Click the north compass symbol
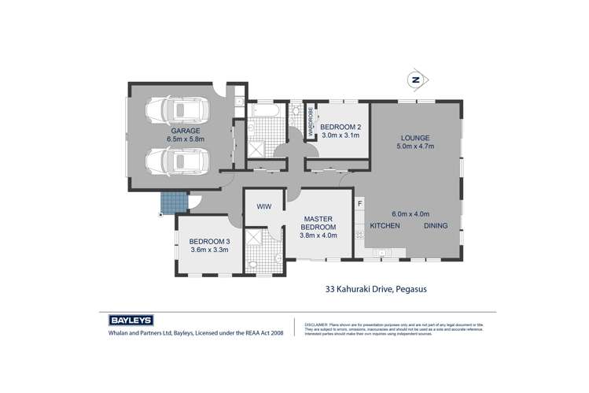tap(416, 80)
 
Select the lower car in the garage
tap(179, 161)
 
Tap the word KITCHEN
tap(385, 226)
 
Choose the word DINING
tap(436, 226)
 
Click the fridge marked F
tap(359, 205)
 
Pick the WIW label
tap(264, 206)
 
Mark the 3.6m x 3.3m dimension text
tap(208, 250)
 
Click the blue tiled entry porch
tap(169, 204)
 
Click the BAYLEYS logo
tap(131, 321)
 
